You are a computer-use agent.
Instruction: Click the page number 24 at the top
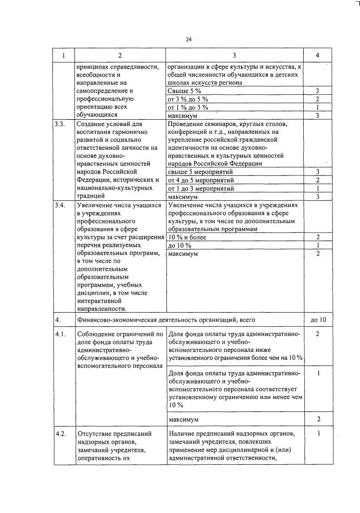189,39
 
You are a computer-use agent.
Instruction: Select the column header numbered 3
234,55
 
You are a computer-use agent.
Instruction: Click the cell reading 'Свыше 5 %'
185,91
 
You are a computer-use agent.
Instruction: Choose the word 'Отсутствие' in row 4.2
97,434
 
